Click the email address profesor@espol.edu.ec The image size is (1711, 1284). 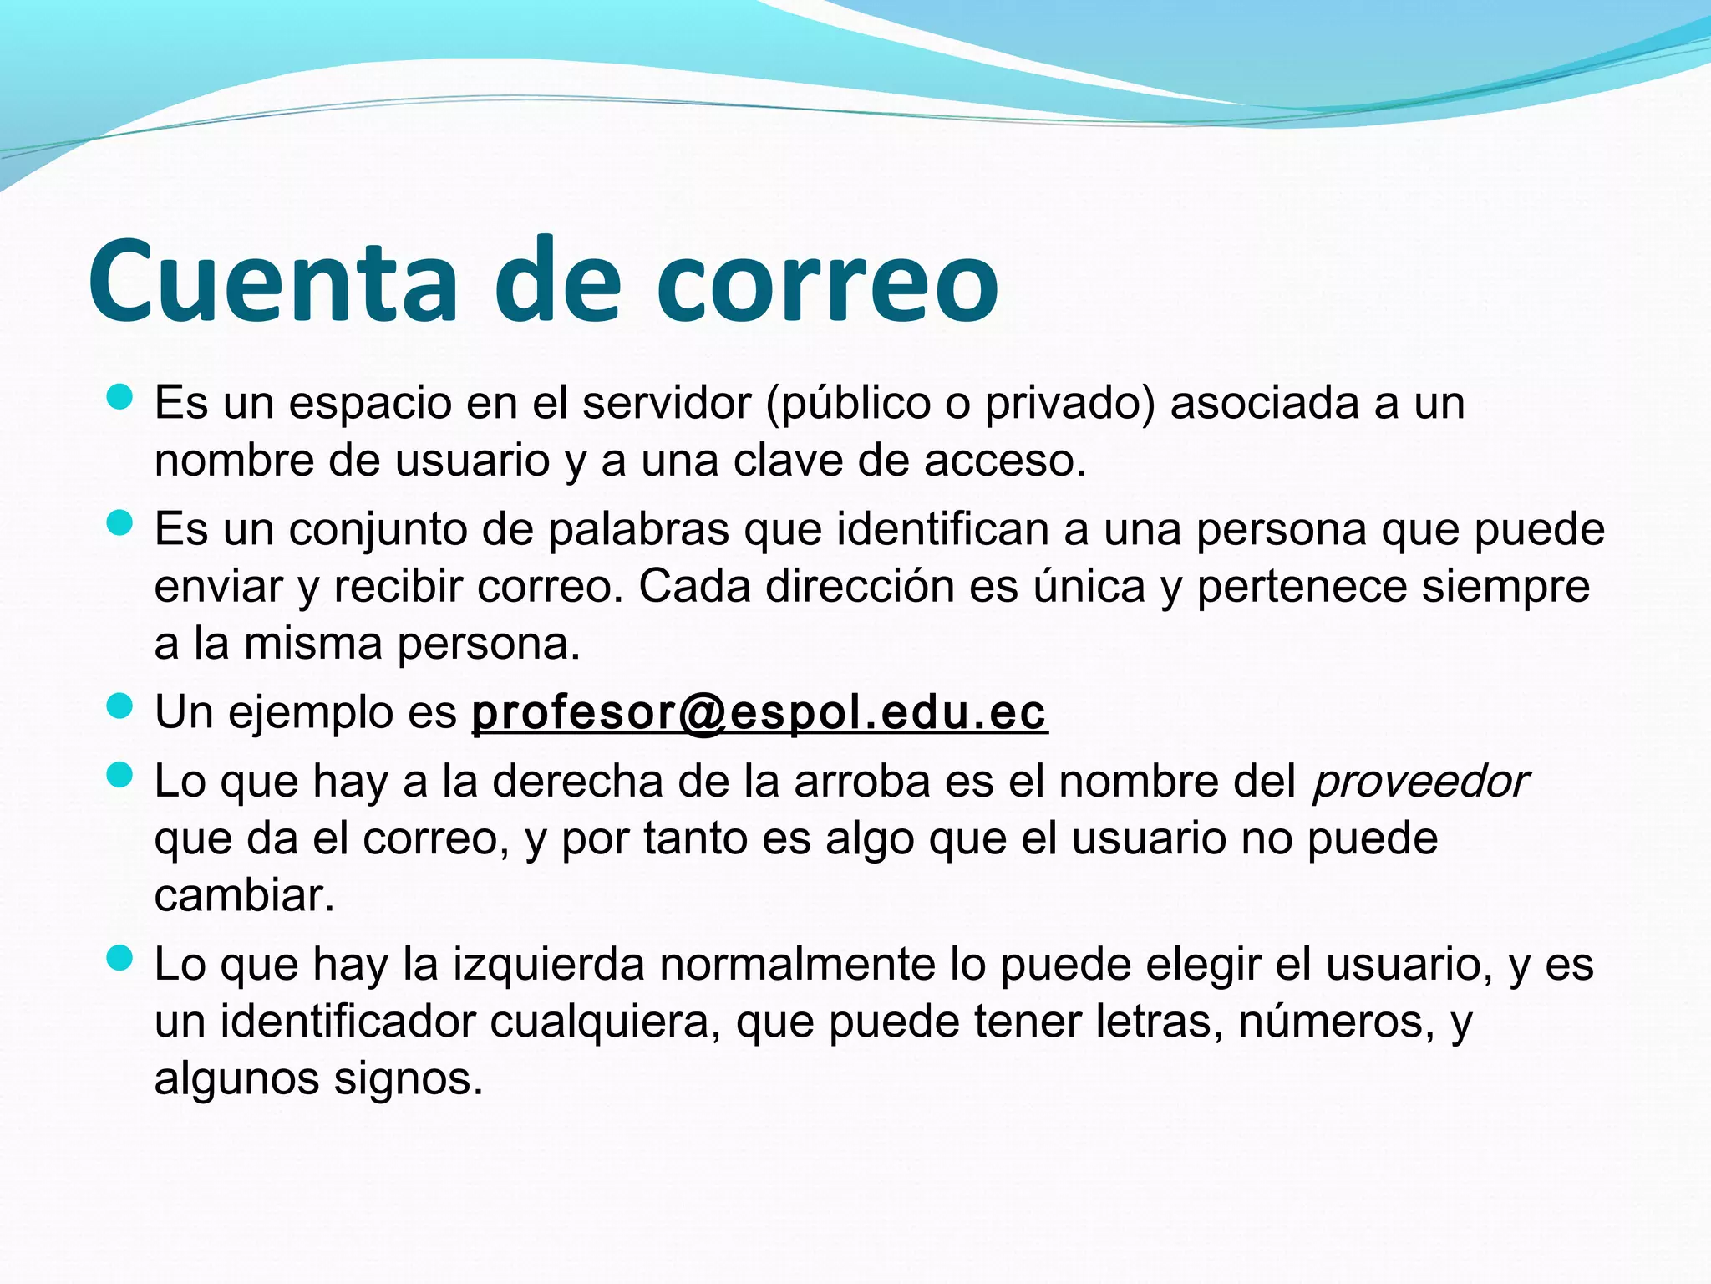(x=759, y=713)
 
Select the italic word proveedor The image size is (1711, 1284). (x=1420, y=782)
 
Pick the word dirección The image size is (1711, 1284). (x=860, y=587)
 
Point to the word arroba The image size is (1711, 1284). (x=861, y=782)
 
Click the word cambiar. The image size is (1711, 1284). (x=244, y=896)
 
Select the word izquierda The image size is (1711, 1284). (x=549, y=965)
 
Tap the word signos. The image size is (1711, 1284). (x=409, y=1079)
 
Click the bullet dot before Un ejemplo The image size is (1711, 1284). (x=121, y=706)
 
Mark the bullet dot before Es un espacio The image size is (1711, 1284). (x=121, y=397)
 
